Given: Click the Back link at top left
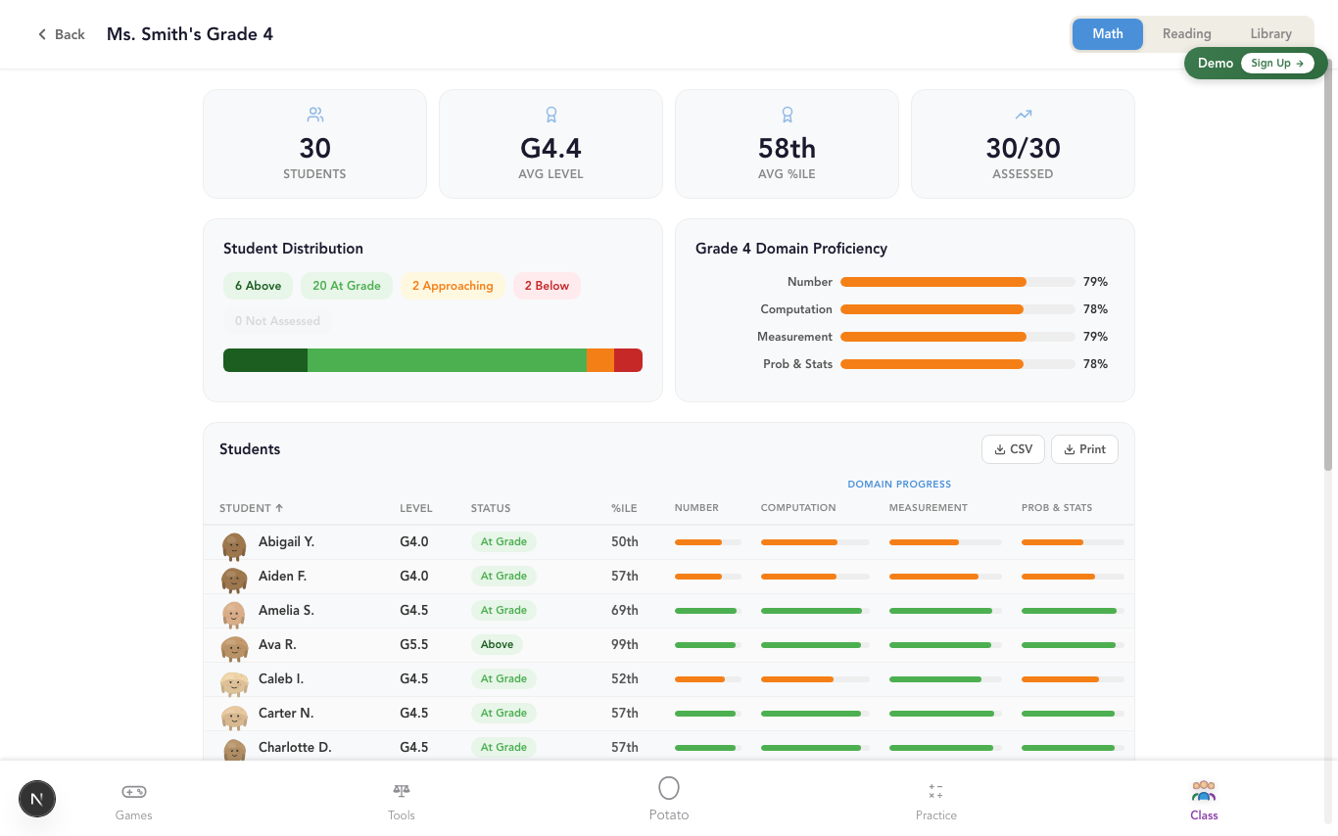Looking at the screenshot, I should [61, 34].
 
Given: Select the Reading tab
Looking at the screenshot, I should [1186, 33].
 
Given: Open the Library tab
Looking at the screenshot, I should [1270, 33].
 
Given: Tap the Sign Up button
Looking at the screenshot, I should [1276, 63].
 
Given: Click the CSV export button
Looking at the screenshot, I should [1013, 449].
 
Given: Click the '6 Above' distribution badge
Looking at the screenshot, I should [258, 286].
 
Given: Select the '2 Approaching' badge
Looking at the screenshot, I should [452, 286].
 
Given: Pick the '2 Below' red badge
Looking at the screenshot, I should [547, 286].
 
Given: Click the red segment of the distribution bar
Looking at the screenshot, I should [628, 360].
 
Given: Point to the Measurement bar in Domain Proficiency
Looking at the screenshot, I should [932, 337].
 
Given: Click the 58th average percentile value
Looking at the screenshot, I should [787, 149].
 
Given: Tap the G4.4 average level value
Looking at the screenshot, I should [550, 149].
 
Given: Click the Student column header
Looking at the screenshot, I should [251, 508].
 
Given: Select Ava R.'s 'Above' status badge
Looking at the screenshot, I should [497, 644].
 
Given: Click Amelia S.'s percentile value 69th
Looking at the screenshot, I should [624, 610].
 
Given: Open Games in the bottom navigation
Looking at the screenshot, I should [134, 800].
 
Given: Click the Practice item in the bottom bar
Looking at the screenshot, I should [935, 800].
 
